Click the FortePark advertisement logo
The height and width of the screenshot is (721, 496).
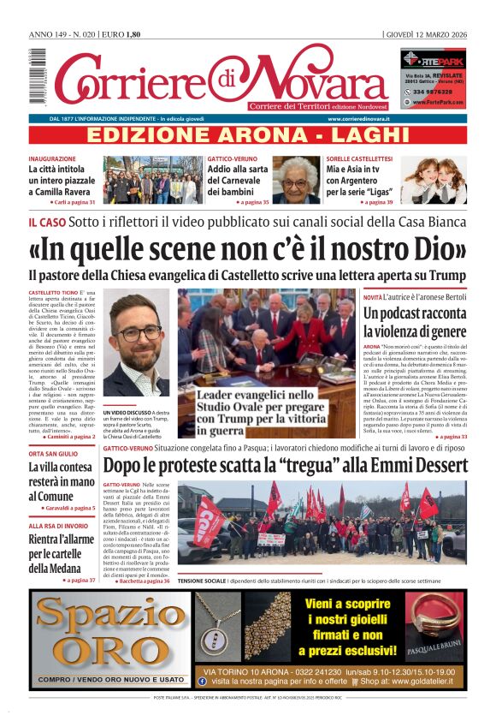433,61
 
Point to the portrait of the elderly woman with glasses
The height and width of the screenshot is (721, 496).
296,180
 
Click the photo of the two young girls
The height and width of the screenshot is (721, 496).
440,180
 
